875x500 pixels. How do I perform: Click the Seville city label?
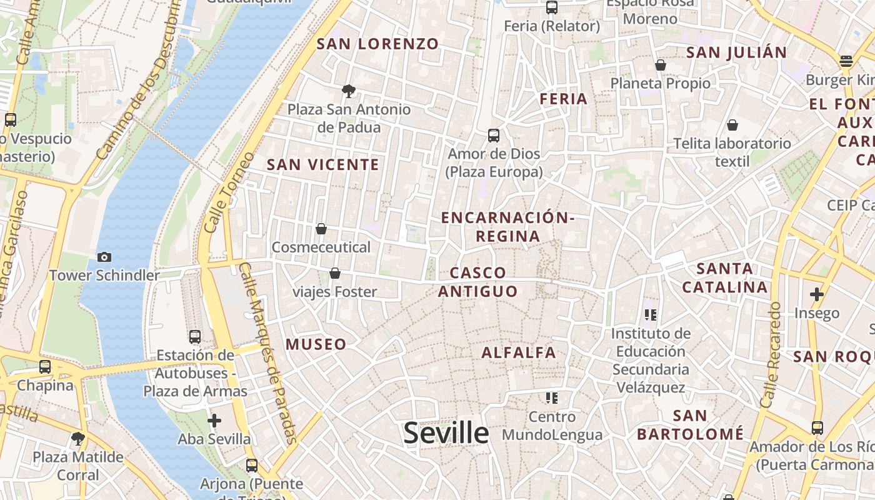tap(446, 432)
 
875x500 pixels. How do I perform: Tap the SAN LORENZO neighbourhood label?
tap(377, 44)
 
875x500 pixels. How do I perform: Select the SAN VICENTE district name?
tap(322, 164)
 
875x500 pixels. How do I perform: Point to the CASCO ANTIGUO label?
tap(478, 282)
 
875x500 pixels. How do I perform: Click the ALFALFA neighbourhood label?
tap(519, 352)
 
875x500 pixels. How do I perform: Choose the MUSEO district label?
tap(316, 344)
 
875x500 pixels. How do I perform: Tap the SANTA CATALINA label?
tap(724, 278)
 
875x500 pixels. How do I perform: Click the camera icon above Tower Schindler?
tap(104, 257)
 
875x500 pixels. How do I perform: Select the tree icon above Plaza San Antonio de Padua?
tap(349, 91)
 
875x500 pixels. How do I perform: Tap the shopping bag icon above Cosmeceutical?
tap(321, 229)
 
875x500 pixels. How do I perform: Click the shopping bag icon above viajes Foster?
tap(335, 273)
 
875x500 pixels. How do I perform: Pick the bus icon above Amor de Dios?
tap(494, 135)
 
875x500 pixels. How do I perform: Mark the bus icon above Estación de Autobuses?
tap(195, 337)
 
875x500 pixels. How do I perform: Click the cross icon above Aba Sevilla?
tap(214, 421)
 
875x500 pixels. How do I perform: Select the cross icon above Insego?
tap(817, 294)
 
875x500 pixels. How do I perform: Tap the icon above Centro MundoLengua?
tap(551, 397)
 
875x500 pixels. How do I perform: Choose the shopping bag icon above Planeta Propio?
tap(661, 65)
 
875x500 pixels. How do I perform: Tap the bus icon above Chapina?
tap(45, 367)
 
